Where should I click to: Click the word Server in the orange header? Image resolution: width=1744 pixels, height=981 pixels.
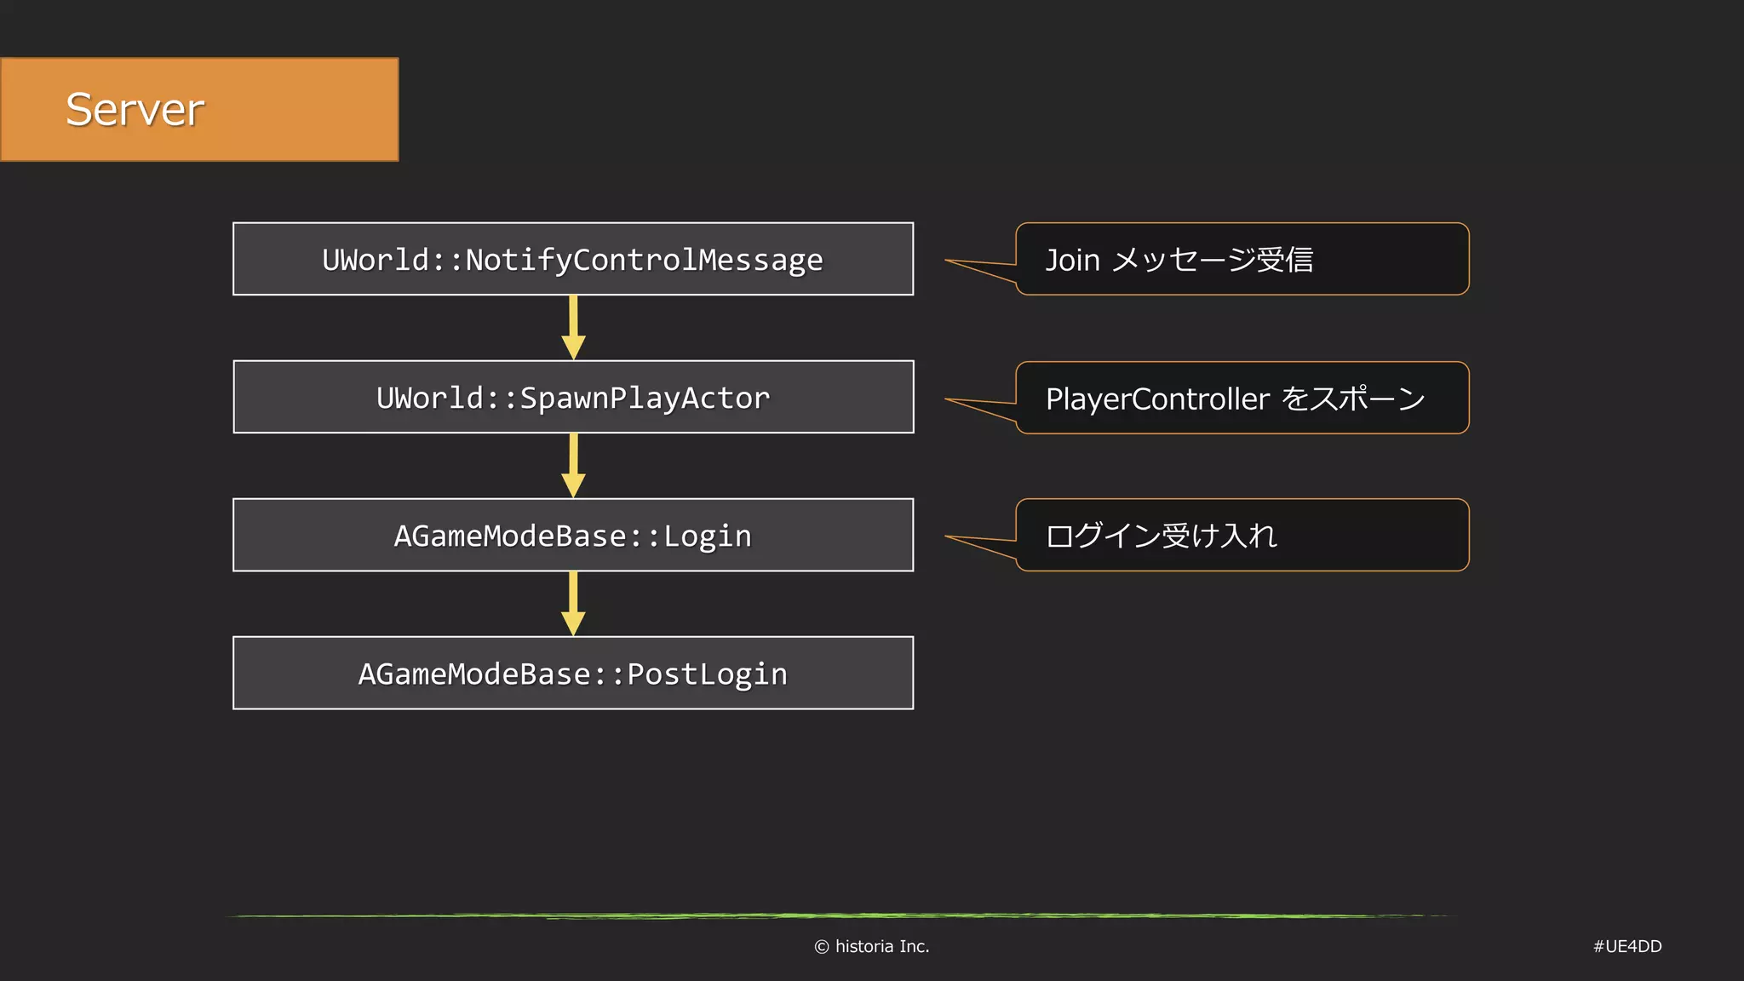pos(135,110)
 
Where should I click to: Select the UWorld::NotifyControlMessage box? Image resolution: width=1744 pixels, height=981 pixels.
pos(572,260)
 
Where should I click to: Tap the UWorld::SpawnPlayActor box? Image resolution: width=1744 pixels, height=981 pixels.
pos(572,398)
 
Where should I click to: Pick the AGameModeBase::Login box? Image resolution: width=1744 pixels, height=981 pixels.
pos(572,536)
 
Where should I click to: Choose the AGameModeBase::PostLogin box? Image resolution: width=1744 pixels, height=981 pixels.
pos(572,674)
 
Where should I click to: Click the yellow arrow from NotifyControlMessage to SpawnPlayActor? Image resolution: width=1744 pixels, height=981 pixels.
pos(573,329)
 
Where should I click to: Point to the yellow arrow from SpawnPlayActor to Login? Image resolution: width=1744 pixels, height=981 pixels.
pos(573,467)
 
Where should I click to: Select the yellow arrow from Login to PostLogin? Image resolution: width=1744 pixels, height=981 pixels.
pos(573,605)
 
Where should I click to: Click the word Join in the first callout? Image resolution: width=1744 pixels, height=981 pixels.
pos(1072,260)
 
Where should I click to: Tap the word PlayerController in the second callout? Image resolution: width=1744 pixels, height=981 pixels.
pos(1157,399)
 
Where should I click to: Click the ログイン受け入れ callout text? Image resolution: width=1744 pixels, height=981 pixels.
pos(1161,536)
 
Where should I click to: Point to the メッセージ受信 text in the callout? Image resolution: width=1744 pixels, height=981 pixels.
pos(1213,260)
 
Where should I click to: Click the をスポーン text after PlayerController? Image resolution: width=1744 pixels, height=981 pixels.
pos(1352,399)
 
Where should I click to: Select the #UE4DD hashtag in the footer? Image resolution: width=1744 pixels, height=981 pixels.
pos(1626,946)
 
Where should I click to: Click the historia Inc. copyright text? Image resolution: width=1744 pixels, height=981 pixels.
pos(881,946)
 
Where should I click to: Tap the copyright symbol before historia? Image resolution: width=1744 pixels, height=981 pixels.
pos(821,947)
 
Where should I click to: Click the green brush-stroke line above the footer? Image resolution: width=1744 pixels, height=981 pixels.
pos(839,916)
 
